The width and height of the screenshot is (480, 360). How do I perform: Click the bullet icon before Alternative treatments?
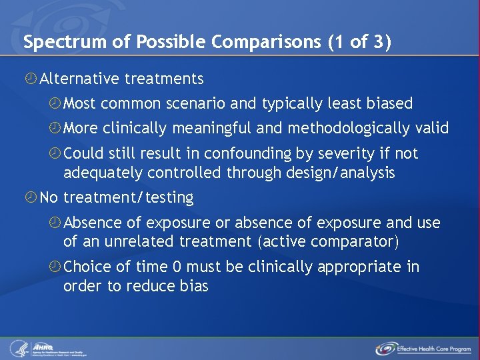[x=31, y=79]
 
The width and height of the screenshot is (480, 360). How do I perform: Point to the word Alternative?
[x=78, y=79]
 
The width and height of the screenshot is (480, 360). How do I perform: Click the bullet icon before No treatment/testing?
[x=31, y=198]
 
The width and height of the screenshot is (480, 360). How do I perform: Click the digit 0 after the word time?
[x=177, y=267]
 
